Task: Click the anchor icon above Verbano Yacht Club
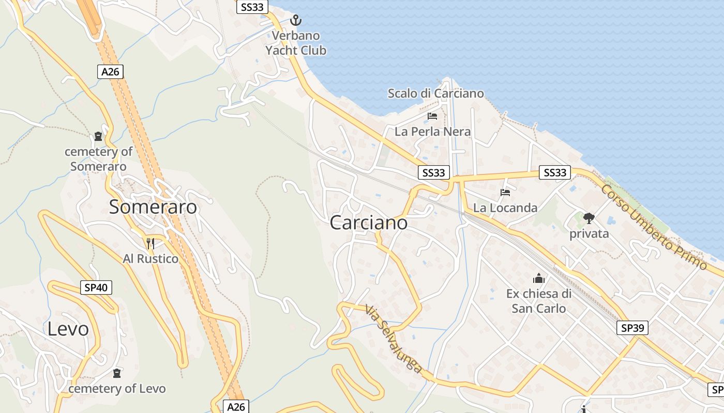[x=295, y=20]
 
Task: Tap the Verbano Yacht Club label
[x=296, y=43]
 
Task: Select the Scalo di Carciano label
[x=436, y=93]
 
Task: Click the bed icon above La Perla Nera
[x=432, y=116]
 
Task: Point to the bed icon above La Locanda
[x=505, y=193]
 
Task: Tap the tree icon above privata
[x=589, y=218]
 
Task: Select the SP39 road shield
[x=632, y=328]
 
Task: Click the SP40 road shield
[x=96, y=288]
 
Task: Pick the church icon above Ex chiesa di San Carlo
[x=538, y=279]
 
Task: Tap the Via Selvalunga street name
[x=394, y=339]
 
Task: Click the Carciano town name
[x=368, y=223]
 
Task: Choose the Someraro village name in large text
[x=153, y=207]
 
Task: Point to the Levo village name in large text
[x=68, y=329]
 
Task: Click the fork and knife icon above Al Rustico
[x=150, y=243]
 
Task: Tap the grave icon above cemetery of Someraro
[x=98, y=137]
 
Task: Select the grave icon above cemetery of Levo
[x=117, y=373]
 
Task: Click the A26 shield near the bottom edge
[x=236, y=407]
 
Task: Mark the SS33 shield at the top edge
[x=252, y=7]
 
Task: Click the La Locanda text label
[x=505, y=208]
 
